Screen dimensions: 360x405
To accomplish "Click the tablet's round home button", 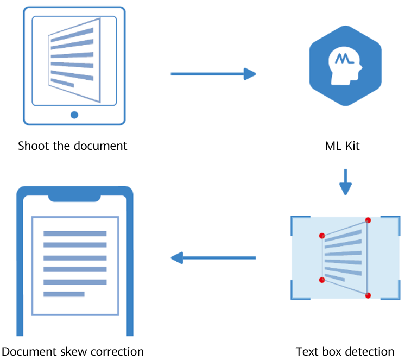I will [74, 115].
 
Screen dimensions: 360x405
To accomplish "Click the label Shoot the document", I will [72, 146].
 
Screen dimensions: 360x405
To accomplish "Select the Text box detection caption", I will [345, 351].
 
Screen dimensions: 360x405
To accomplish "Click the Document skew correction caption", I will [73, 351].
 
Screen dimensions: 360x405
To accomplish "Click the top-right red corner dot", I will [368, 220].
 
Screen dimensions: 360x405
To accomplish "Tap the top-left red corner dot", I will [322, 236].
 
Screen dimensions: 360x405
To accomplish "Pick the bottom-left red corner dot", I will [322, 280].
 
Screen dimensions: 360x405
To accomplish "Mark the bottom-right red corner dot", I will [368, 295].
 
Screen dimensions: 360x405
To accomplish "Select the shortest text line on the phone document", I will [64, 294].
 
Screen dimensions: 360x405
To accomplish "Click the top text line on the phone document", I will [75, 233].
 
